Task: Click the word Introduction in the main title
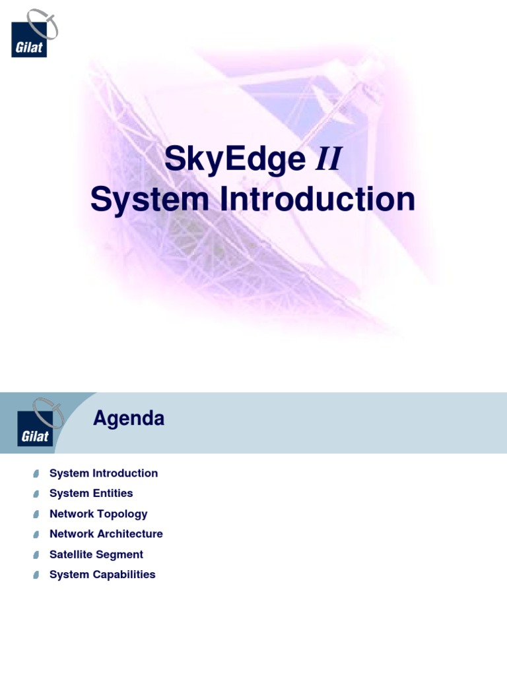click(318, 200)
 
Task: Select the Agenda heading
click(129, 419)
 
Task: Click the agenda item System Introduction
click(104, 473)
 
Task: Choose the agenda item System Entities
click(91, 493)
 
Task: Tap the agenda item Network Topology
click(98, 514)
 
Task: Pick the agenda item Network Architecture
click(106, 534)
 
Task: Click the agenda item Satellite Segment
click(96, 554)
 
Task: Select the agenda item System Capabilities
click(102, 574)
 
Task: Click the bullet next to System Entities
click(36, 494)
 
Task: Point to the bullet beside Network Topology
click(36, 514)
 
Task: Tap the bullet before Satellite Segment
click(36, 555)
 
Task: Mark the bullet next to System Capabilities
click(36, 575)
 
